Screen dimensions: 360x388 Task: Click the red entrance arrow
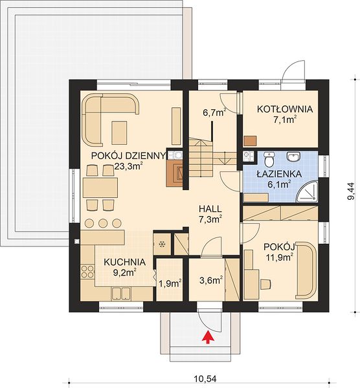[208, 338]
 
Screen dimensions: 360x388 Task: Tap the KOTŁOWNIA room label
[285, 109]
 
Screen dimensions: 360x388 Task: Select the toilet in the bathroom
[269, 159]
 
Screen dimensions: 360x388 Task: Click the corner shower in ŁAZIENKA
[308, 191]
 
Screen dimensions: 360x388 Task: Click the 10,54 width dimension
[205, 378]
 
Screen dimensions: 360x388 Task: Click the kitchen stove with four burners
[87, 272]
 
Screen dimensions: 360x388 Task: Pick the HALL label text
[210, 209]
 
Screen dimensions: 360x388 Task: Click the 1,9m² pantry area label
[170, 284]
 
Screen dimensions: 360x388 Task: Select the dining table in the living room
[100, 188]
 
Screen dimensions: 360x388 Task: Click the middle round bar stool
[103, 223]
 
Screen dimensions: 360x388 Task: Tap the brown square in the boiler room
[250, 141]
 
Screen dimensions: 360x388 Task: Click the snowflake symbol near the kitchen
[162, 244]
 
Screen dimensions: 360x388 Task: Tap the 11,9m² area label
[278, 257]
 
